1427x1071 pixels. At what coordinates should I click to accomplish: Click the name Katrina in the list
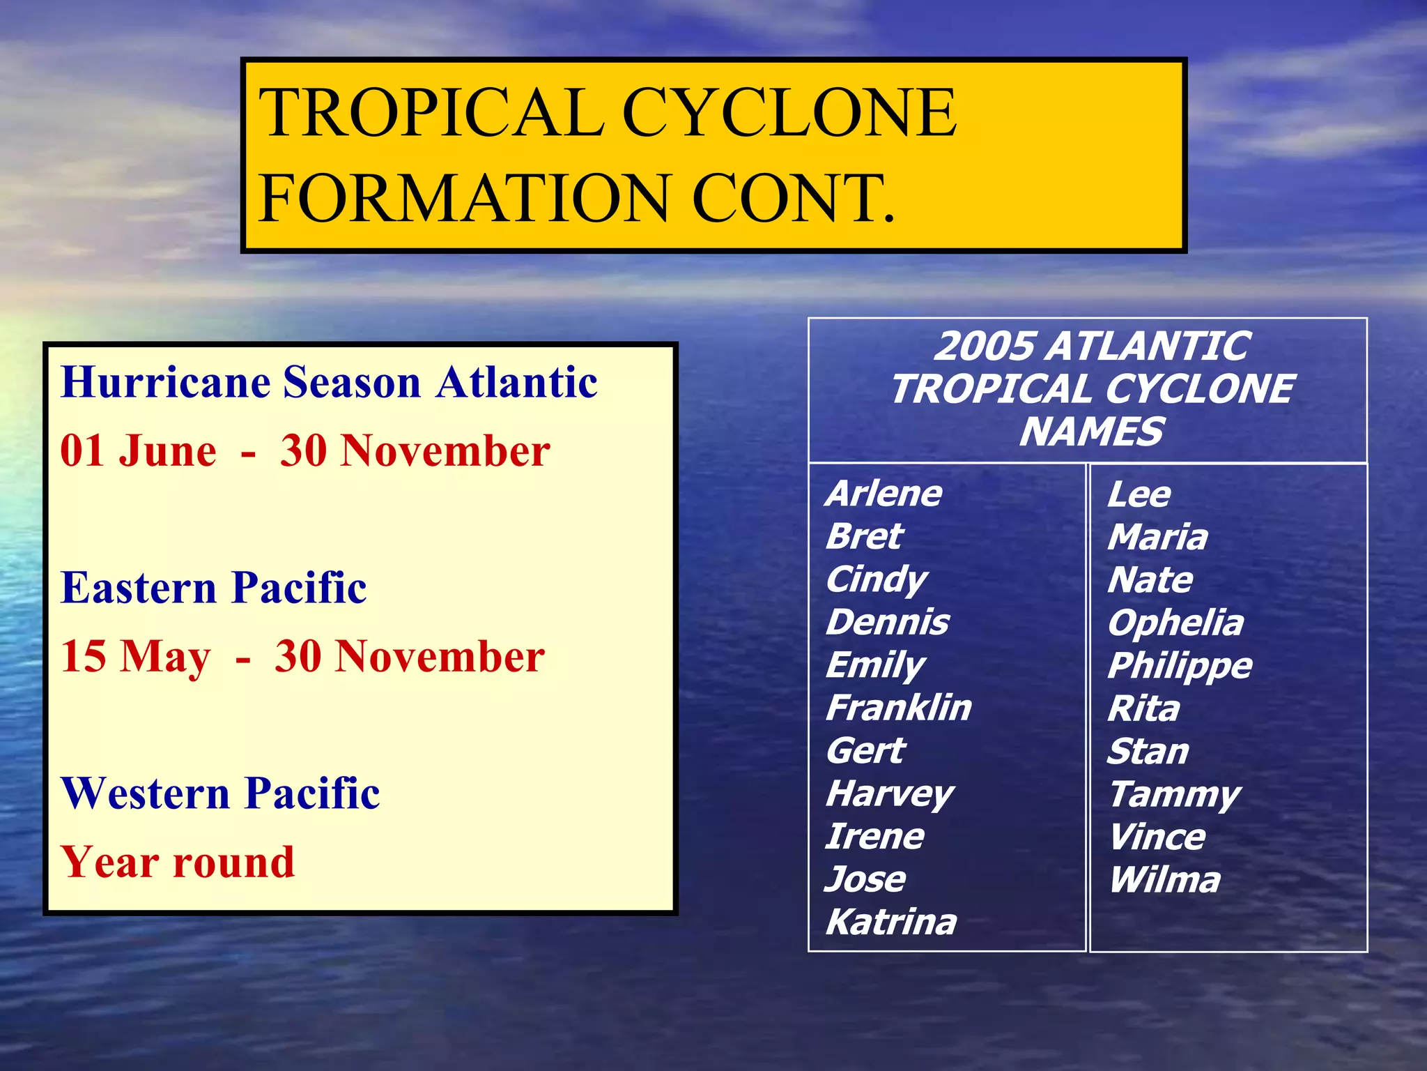pos(890,922)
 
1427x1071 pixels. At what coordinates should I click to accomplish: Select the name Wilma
pos(1164,880)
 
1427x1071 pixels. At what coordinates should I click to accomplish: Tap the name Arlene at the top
pos(884,494)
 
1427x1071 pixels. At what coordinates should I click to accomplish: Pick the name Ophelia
pos(1175,623)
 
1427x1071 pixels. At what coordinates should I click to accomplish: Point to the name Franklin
pos(898,708)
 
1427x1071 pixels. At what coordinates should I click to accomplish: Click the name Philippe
pos(1179,666)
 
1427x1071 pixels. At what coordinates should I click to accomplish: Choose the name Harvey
pos(889,794)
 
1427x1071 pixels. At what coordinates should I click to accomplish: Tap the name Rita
pos(1143,709)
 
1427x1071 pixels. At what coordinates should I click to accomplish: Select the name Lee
pos(1139,494)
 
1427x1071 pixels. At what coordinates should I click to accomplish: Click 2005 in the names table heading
pos(985,346)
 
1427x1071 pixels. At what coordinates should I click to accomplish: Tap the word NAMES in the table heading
pos(1090,432)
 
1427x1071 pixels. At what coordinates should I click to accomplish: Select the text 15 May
pos(135,657)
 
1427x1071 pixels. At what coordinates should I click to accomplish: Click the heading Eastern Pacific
pos(213,588)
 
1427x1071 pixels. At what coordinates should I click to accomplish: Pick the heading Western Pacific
pos(220,793)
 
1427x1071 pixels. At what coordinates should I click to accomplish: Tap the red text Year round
pos(178,862)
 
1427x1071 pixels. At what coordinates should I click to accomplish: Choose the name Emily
pos(875,665)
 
